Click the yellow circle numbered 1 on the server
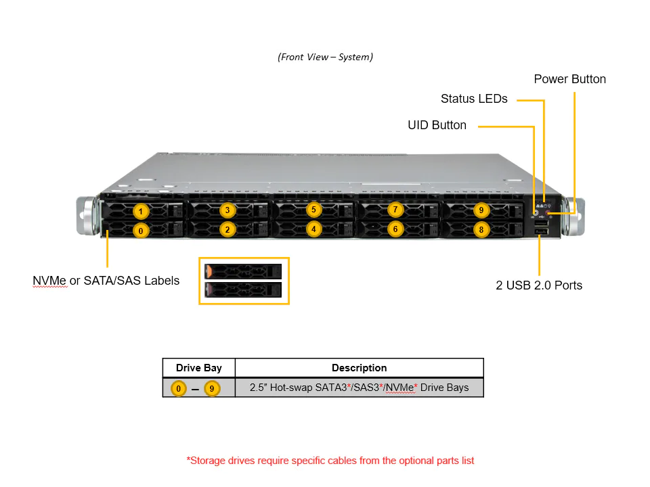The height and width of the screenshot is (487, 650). point(140,210)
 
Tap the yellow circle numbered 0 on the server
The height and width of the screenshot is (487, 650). point(140,231)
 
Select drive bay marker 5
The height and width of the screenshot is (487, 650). point(313,210)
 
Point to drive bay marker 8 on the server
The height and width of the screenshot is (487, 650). point(481,229)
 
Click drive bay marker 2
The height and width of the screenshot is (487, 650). point(227,229)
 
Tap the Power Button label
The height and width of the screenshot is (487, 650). point(569,79)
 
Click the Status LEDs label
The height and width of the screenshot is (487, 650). point(474,99)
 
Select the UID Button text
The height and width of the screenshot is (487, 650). point(437,125)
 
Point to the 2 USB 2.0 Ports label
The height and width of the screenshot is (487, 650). point(539,285)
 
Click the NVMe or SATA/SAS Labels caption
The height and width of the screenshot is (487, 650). point(106,280)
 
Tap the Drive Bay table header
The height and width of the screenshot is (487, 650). point(198,368)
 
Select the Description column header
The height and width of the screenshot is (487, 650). point(359,368)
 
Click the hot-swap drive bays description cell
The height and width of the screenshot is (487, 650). point(359,388)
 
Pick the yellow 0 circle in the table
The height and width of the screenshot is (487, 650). point(178,388)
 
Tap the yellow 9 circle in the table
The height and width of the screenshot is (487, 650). point(213,388)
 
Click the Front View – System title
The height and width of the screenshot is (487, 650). point(325,57)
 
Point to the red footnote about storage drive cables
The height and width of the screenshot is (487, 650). point(330,461)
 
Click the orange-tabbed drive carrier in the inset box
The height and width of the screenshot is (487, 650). point(243,271)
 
